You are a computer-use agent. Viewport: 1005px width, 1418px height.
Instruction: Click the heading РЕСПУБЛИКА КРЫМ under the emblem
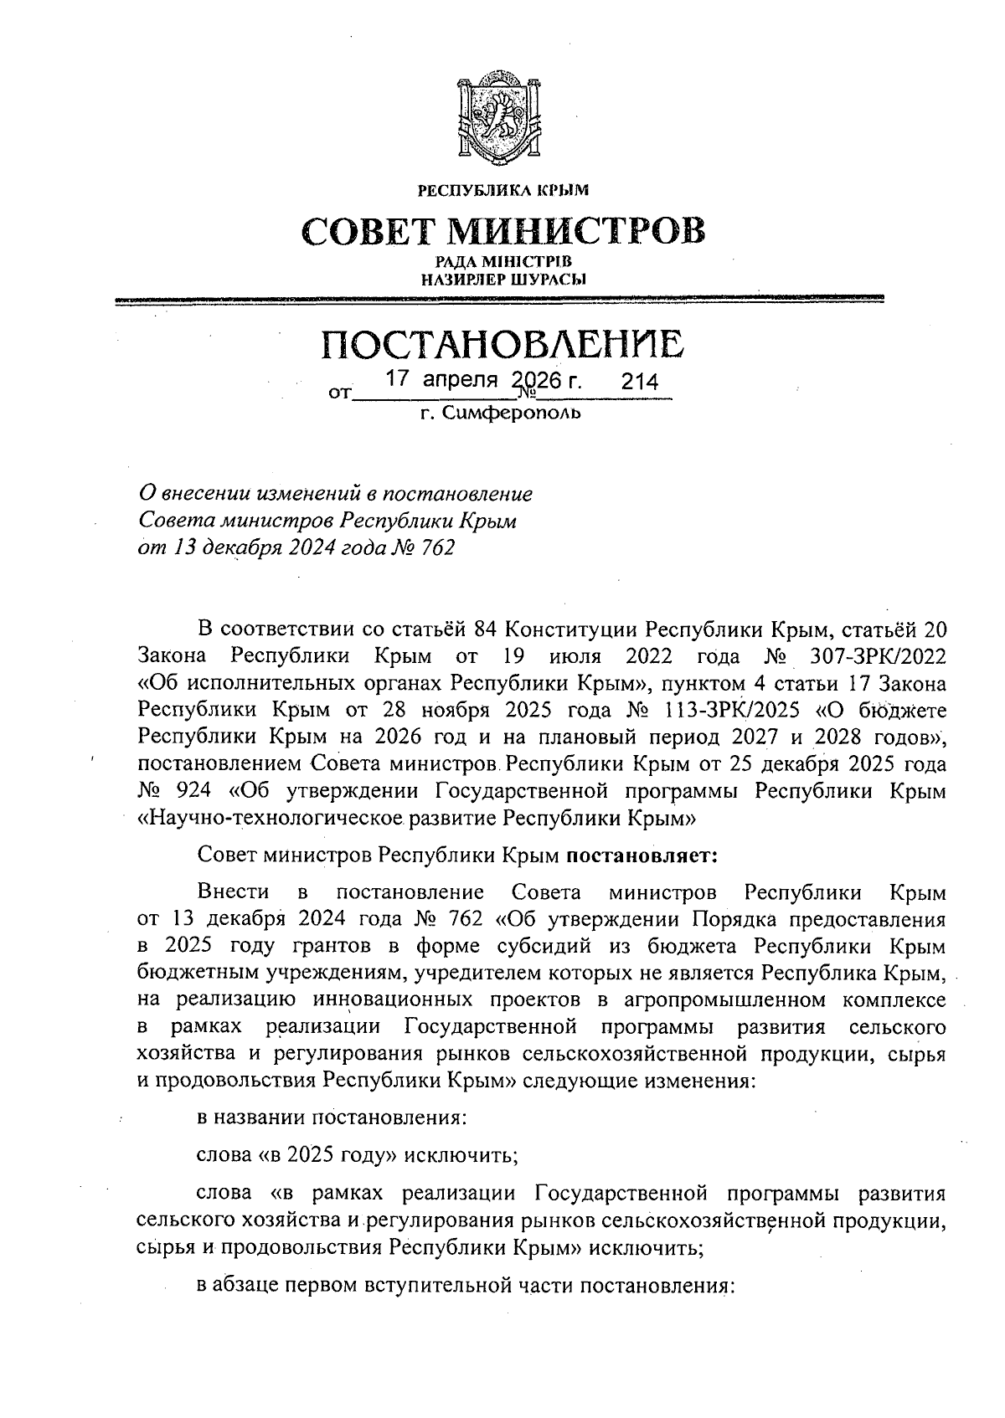pos(503,190)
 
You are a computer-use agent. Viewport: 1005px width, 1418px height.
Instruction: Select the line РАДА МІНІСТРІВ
pos(502,264)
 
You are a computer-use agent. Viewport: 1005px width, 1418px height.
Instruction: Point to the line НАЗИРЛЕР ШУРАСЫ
pos(502,279)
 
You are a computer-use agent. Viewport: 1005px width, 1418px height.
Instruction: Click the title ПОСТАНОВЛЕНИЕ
pos(502,344)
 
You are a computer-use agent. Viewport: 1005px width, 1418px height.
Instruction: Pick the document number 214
pos(639,383)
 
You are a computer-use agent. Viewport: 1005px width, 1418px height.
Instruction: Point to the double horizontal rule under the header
pos(502,299)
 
